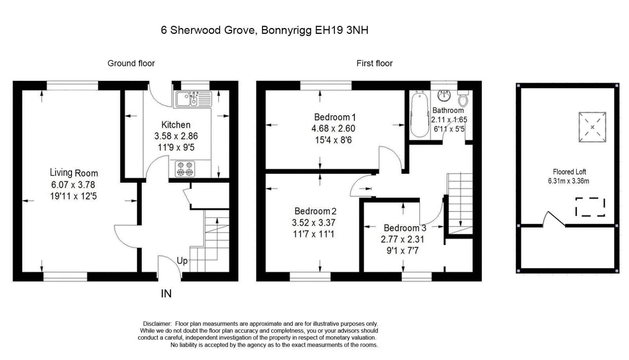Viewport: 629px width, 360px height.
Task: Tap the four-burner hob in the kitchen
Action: point(185,169)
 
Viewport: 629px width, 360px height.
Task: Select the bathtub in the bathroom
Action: point(419,115)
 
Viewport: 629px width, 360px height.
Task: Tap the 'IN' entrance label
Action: point(166,294)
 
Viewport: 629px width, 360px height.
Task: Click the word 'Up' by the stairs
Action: point(182,261)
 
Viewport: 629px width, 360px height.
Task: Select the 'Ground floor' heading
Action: point(131,63)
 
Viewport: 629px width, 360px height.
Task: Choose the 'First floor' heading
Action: point(374,63)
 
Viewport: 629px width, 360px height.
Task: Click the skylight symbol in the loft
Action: point(592,127)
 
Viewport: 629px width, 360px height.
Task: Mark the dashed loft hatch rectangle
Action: point(590,207)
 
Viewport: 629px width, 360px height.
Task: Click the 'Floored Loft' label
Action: point(569,172)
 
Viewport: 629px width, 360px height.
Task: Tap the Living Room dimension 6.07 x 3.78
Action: point(73,184)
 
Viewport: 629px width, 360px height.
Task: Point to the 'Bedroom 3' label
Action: point(405,228)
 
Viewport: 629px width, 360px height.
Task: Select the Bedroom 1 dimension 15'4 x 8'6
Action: point(333,140)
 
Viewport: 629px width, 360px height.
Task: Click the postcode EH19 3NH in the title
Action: point(342,30)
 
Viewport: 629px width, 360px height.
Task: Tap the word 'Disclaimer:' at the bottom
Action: point(157,324)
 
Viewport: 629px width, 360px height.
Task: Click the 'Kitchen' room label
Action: point(176,125)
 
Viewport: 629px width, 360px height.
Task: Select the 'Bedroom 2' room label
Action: point(315,211)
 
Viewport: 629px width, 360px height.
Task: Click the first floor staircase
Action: point(460,201)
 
